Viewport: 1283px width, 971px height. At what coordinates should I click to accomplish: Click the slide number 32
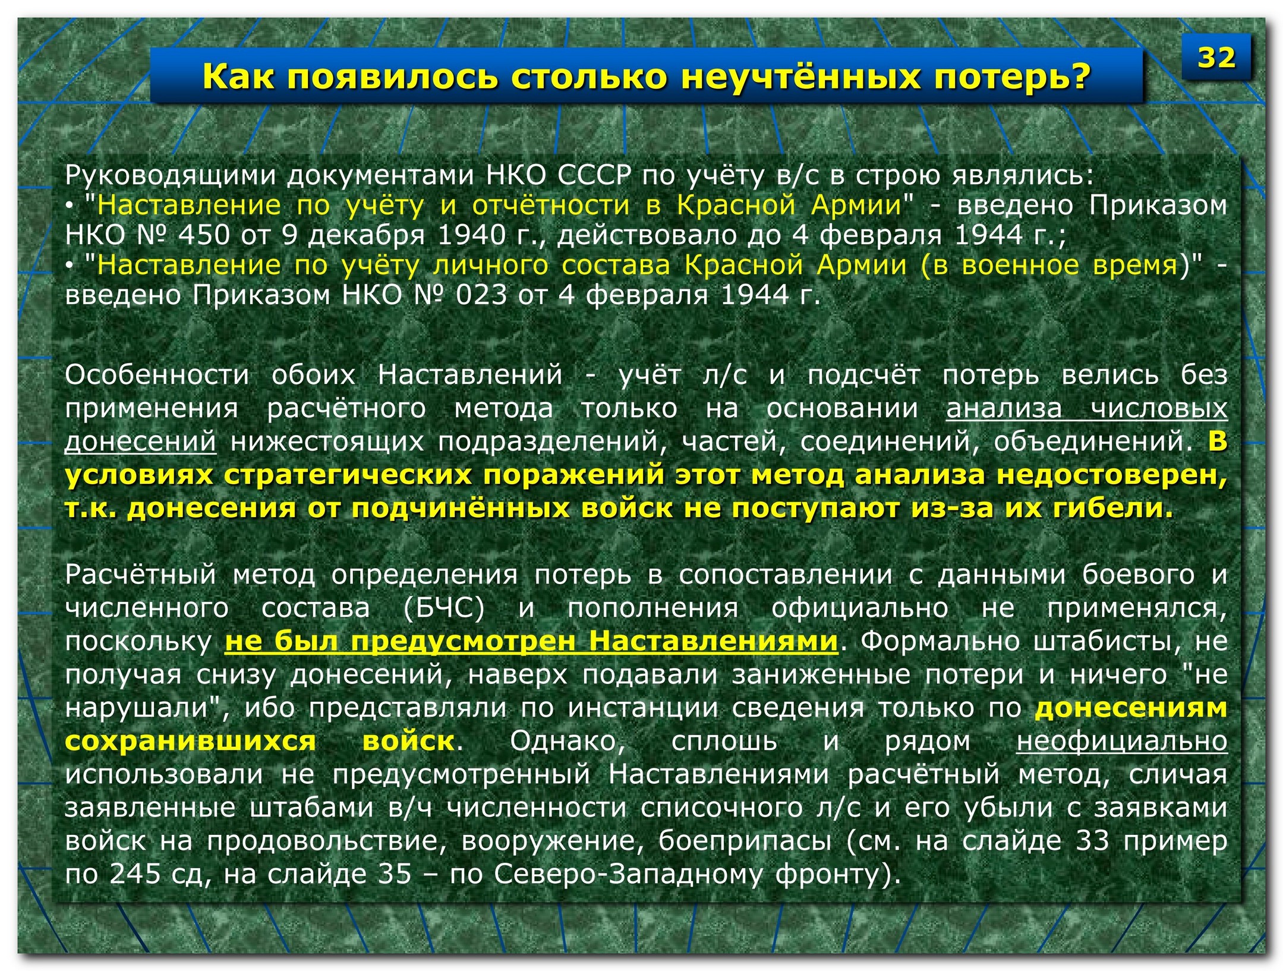coord(1216,58)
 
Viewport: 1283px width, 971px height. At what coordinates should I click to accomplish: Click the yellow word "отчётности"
coord(551,205)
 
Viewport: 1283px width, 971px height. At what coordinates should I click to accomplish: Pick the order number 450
coord(204,235)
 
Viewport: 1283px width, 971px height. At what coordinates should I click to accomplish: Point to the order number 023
coord(481,295)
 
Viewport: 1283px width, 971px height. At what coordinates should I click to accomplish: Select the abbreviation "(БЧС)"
coord(444,609)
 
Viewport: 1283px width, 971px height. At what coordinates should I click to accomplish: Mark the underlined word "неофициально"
coord(1122,742)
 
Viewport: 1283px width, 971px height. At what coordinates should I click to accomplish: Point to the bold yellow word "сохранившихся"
coord(190,742)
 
